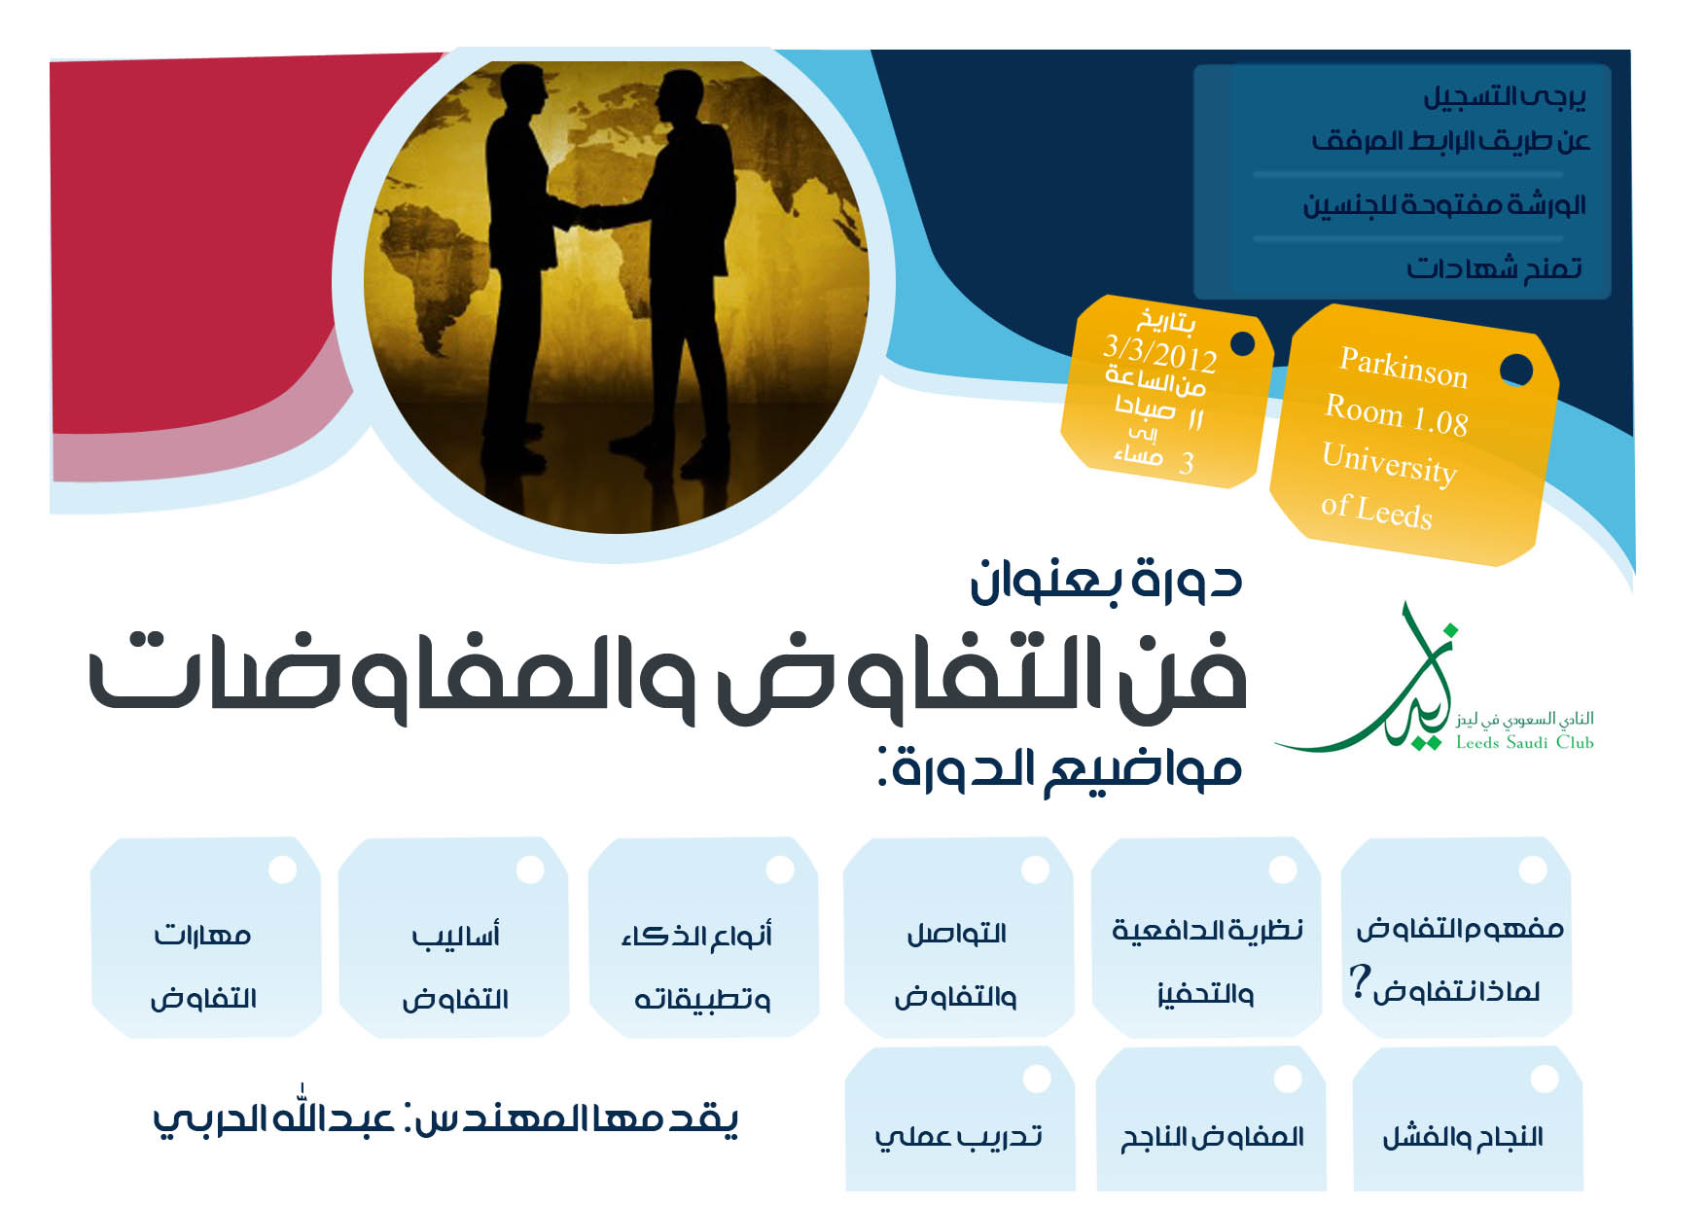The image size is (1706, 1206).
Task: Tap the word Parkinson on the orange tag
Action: click(1404, 367)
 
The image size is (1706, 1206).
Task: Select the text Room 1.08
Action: click(1397, 414)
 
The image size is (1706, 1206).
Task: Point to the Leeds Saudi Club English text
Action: click(1524, 742)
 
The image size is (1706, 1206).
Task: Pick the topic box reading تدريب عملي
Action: click(960, 1118)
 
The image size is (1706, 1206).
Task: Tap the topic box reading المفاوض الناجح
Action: click(1211, 1118)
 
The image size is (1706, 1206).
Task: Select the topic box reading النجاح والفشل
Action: click(1468, 1118)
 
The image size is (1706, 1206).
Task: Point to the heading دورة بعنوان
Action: click(1106, 580)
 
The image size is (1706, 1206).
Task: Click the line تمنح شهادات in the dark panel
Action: click(1494, 267)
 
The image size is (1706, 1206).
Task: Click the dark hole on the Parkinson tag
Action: click(1516, 370)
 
